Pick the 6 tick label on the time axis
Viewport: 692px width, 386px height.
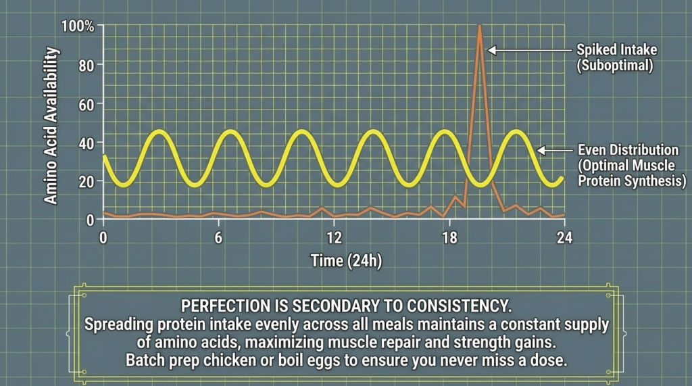(x=218, y=238)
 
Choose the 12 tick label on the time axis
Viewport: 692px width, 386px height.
(x=334, y=238)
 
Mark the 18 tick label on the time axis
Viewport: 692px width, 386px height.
(x=449, y=238)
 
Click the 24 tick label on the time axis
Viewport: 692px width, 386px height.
(x=564, y=238)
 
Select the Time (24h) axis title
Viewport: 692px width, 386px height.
(x=346, y=261)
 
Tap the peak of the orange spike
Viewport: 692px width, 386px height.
(x=480, y=26)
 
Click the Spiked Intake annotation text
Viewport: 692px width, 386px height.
(x=616, y=50)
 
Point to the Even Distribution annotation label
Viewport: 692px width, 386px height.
(x=619, y=149)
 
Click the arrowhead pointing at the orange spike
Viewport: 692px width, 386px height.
(x=492, y=50)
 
